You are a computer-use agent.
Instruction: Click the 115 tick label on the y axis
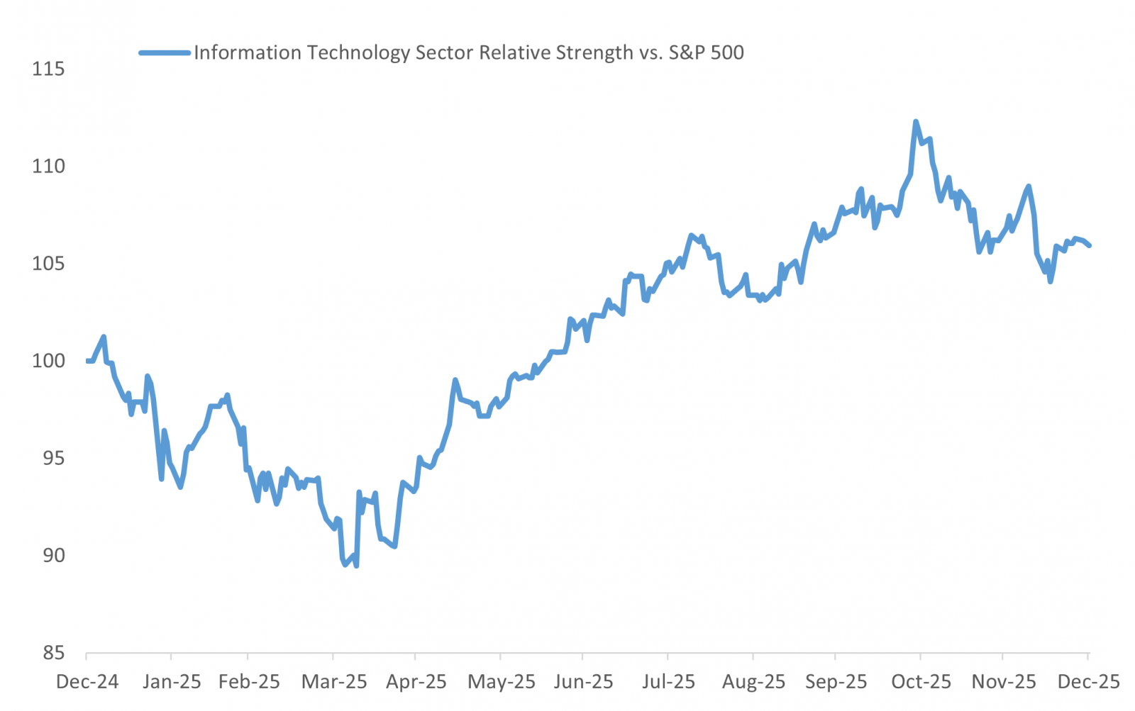[x=48, y=69]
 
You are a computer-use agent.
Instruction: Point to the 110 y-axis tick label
[x=48, y=167]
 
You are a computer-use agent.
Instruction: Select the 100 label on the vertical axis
[x=48, y=361]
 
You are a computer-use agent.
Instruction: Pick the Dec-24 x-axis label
[x=87, y=682]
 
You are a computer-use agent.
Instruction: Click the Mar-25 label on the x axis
[x=334, y=682]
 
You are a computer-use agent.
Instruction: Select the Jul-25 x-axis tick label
[x=668, y=682]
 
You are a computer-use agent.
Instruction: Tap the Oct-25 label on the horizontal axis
[x=921, y=682]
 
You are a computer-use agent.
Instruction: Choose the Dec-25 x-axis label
[x=1088, y=682]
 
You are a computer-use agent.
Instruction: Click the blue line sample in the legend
[x=165, y=52]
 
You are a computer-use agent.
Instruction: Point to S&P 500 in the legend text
[x=706, y=53]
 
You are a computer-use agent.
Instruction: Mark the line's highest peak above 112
[x=915, y=121]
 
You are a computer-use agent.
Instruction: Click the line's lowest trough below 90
[x=356, y=566]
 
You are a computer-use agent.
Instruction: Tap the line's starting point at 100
[x=87, y=361]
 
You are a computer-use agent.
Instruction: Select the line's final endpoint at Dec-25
[x=1089, y=245]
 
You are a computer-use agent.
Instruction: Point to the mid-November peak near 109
[x=1029, y=186]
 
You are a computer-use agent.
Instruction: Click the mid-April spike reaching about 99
[x=455, y=380]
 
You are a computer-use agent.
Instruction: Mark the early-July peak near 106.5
[x=691, y=235]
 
